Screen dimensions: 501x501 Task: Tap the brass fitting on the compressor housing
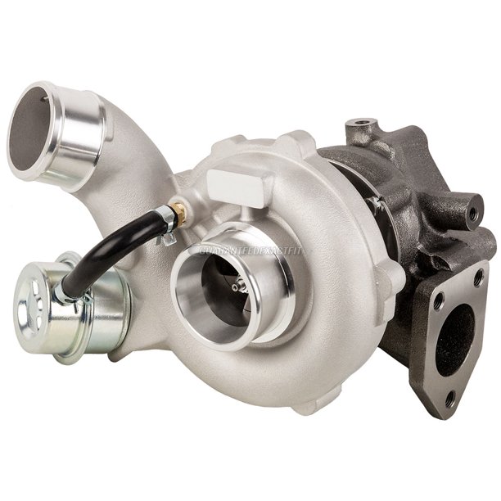click(x=179, y=215)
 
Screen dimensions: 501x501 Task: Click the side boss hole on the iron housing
click(x=472, y=213)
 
